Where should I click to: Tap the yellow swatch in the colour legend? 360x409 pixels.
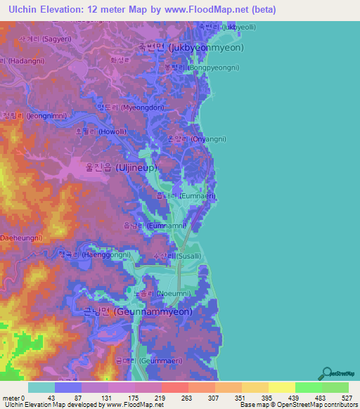[281, 387]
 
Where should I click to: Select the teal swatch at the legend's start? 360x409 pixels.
[41, 387]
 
